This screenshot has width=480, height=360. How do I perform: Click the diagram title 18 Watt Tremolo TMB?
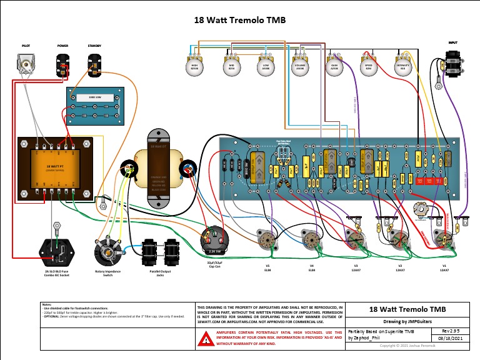(240, 20)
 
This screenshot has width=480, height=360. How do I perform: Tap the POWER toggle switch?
(64, 64)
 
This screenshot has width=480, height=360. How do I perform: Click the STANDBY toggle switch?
(94, 64)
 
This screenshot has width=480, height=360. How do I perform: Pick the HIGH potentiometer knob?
(194, 66)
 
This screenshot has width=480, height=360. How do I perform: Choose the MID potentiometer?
(231, 66)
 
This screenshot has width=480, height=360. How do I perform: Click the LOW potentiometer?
(265, 66)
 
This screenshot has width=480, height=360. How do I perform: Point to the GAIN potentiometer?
(334, 66)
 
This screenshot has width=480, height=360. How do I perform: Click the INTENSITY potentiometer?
(402, 66)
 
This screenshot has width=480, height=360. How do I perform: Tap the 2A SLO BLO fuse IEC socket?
(57, 252)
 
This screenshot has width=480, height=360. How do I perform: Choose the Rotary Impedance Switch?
(106, 253)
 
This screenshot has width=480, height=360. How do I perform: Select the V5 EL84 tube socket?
(267, 241)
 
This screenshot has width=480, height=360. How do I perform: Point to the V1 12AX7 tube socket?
(444, 241)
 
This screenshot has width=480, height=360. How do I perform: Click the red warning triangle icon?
(205, 338)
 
